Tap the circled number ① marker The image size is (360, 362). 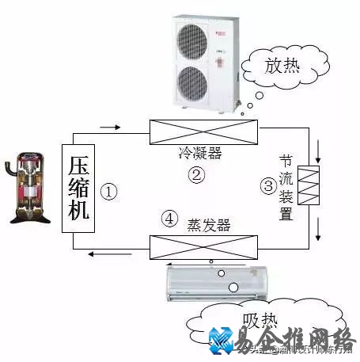(111, 191)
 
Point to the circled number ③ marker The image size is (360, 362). (268, 186)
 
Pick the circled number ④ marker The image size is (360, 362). (169, 219)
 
